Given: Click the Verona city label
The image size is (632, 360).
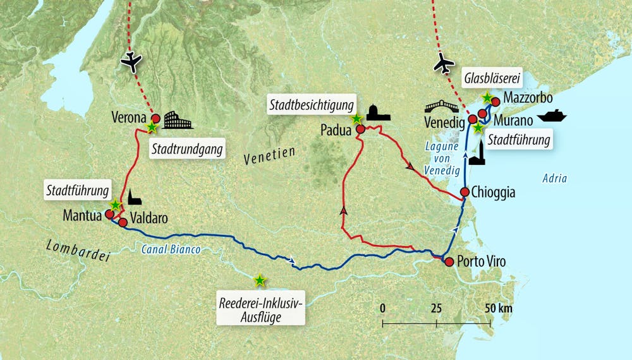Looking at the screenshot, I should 130,118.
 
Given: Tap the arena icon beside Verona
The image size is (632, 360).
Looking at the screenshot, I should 178,120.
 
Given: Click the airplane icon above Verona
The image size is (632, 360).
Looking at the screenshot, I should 133,61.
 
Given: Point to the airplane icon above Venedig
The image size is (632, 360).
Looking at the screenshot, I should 445,64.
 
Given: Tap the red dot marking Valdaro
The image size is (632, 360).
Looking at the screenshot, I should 123,222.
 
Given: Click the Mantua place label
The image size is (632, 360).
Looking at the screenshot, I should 82,215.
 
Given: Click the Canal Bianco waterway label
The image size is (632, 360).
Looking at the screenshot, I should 169,250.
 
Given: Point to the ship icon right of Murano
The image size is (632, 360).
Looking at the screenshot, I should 552,116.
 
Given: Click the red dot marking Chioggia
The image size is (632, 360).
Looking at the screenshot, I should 465,192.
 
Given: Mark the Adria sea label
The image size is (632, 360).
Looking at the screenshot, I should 555,179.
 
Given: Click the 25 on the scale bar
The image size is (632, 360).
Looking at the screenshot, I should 435,308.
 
